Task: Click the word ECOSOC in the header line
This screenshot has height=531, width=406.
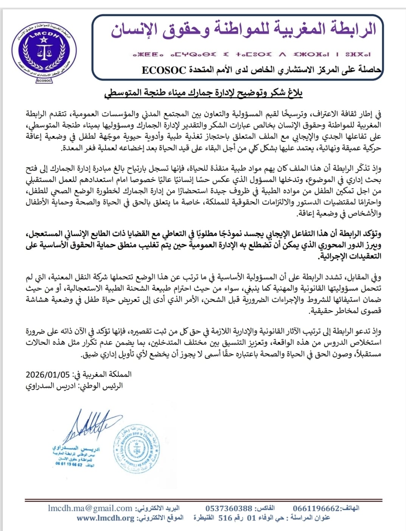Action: pyautogui.click(x=164, y=70)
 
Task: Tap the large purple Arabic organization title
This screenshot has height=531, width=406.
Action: pyautogui.click(x=243, y=30)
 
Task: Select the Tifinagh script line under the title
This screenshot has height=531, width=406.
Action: pyautogui.click(x=251, y=55)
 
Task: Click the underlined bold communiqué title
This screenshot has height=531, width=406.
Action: pyautogui.click(x=203, y=93)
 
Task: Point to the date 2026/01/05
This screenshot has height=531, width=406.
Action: pyautogui.click(x=48, y=375)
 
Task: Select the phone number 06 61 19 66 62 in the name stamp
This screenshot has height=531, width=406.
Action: pyautogui.click(x=69, y=464)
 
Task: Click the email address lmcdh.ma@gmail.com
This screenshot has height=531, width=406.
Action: pyautogui.click(x=90, y=508)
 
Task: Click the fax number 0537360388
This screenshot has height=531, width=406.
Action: pyautogui.click(x=229, y=508)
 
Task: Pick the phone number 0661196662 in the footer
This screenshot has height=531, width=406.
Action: pyautogui.click(x=316, y=508)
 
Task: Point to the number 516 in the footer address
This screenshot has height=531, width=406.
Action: pyautogui.click(x=225, y=518)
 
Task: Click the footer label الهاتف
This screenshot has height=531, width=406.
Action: pyautogui.click(x=350, y=508)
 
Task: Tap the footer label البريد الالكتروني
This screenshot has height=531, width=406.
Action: pyautogui.click(x=158, y=508)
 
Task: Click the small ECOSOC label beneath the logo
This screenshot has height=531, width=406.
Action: pyautogui.click(x=44, y=81)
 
